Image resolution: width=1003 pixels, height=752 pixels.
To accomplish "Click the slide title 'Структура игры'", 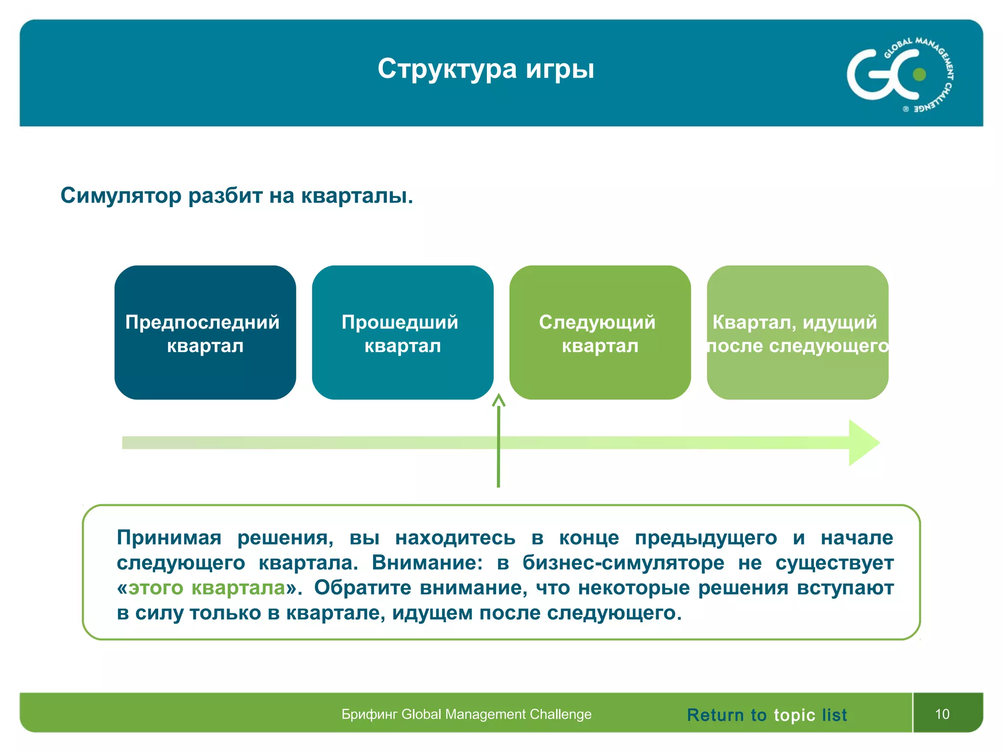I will coord(485,69).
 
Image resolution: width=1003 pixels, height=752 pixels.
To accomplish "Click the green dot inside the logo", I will coord(919,74).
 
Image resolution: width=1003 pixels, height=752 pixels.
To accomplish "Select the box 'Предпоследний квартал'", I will coord(205,332).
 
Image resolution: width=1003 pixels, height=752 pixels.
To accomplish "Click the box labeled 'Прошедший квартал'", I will coord(402,332).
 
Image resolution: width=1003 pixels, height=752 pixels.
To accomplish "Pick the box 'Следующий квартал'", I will coord(599,332).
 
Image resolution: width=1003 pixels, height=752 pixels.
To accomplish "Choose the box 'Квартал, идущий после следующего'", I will coord(797,332).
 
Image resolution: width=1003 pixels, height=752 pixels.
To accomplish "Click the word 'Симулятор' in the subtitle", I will coord(121,195).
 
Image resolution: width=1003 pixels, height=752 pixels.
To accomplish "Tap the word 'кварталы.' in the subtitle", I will coord(357,195).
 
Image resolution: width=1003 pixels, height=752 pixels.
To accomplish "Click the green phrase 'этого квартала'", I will coord(206,587).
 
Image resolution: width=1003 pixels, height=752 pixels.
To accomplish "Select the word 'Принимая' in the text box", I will coord(169,538).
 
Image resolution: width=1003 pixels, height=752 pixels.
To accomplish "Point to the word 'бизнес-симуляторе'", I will coord(623,563).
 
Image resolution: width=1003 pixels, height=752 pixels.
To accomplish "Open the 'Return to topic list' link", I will coord(766,715).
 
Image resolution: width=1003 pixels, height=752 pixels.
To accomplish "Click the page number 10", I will coord(942,714).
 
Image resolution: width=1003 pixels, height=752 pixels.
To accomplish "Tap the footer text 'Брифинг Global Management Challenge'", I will coord(466,714).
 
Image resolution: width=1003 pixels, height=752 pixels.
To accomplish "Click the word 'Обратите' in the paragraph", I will coord(362,587).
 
